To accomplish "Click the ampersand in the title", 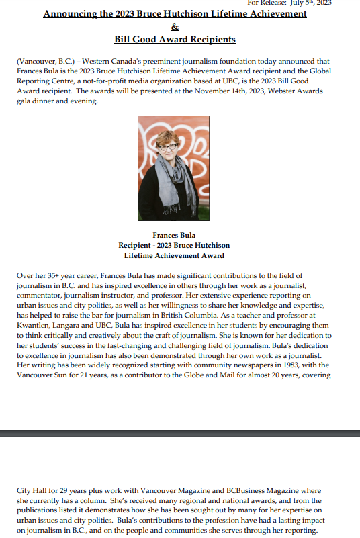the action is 175,27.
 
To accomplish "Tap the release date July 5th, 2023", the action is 310,3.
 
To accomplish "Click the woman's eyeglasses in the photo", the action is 167,146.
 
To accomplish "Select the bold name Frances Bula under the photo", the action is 174,235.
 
